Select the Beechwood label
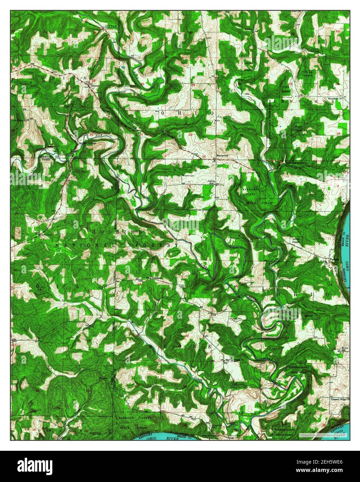[x=222, y=156]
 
